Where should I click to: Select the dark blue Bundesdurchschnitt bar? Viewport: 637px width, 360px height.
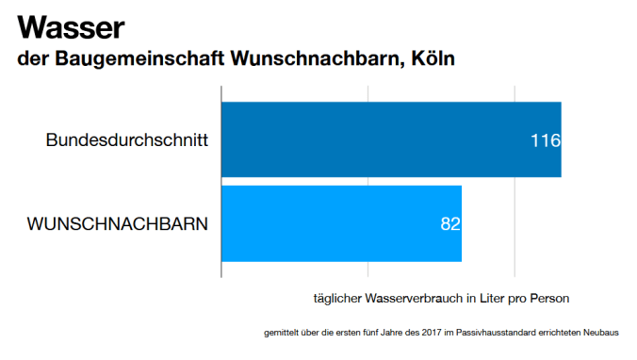pyautogui.click(x=390, y=139)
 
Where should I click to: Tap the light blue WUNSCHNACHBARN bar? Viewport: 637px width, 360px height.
pyautogui.click(x=340, y=223)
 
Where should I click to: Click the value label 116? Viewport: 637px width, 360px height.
pyautogui.click(x=545, y=140)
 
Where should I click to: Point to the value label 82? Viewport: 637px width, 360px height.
pyautogui.click(x=450, y=224)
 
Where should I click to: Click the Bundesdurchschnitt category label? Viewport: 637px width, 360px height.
pyautogui.click(x=126, y=140)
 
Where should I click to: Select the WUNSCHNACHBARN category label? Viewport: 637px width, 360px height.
pyautogui.click(x=118, y=224)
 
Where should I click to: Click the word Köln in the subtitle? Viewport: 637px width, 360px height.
pyautogui.click(x=434, y=59)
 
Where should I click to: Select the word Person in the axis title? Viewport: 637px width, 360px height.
pyautogui.click(x=550, y=299)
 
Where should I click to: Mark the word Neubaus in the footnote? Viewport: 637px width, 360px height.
pyautogui.click(x=616, y=333)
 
